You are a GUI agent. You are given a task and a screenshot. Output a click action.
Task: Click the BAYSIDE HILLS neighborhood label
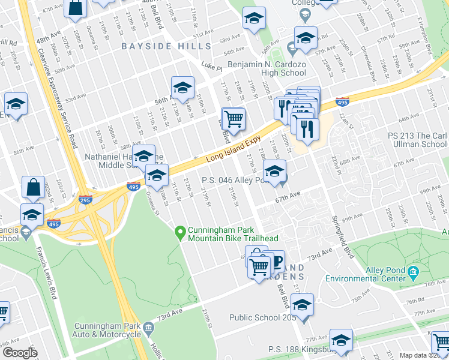166,46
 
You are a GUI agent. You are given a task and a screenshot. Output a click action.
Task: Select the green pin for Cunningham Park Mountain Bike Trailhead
179,231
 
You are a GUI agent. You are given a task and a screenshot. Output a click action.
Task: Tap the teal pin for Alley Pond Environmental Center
412,273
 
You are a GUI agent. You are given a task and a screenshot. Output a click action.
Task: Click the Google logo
20,353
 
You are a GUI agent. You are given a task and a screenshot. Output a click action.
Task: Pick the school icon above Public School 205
303,305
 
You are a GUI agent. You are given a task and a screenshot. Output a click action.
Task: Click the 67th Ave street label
288,196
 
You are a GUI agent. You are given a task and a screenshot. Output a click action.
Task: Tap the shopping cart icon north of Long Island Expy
233,118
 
